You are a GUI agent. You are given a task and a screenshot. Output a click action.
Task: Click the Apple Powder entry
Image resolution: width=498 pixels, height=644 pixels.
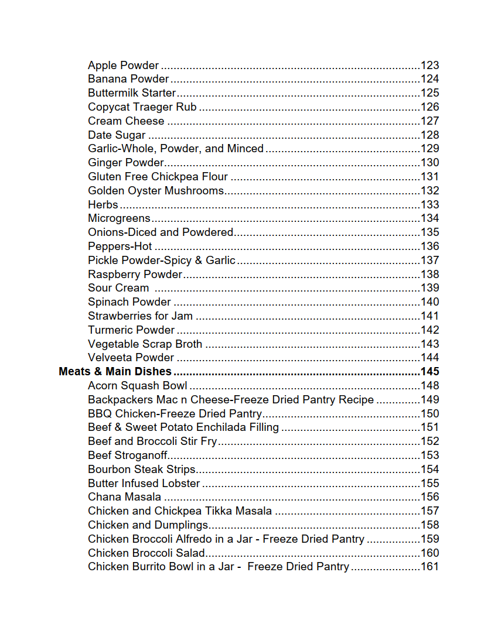point(123,66)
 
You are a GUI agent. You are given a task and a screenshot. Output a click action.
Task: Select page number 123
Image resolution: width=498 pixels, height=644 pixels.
point(429,66)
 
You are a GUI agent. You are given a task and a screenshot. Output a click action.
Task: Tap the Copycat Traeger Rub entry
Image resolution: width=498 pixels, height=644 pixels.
point(142,107)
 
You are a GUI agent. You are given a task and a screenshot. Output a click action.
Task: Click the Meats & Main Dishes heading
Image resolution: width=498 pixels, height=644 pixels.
point(115,372)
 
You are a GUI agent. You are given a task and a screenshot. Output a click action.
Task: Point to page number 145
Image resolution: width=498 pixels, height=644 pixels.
point(429,372)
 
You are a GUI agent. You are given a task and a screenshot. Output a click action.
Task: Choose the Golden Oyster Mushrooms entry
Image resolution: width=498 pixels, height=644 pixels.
point(156,191)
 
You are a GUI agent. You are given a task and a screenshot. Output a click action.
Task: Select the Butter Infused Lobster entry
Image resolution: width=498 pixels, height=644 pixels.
point(144,484)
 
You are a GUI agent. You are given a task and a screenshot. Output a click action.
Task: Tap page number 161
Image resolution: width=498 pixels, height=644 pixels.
point(429,567)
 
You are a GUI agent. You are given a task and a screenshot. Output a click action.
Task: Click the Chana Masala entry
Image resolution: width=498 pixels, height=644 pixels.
point(124,497)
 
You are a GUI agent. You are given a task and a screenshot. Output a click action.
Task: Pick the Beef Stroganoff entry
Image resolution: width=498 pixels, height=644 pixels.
point(128,455)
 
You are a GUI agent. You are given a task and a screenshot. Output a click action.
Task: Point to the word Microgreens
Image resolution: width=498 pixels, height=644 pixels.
point(119,218)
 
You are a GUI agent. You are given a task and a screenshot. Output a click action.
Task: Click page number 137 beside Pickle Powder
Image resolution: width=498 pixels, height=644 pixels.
point(429,261)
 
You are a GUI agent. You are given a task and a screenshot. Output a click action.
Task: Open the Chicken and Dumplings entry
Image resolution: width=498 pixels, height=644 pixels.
point(148,525)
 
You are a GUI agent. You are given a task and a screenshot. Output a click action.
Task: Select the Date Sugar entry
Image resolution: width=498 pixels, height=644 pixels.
point(117,135)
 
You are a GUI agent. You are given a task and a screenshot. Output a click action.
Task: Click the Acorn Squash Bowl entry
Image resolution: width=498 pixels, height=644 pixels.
point(138,386)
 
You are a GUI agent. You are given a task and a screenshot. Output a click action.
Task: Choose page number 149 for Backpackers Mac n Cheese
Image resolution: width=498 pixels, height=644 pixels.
point(429,400)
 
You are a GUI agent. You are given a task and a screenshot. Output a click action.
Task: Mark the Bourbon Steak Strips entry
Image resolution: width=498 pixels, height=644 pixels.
point(142,470)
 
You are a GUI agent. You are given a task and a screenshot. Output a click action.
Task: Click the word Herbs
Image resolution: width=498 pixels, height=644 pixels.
point(103,205)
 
